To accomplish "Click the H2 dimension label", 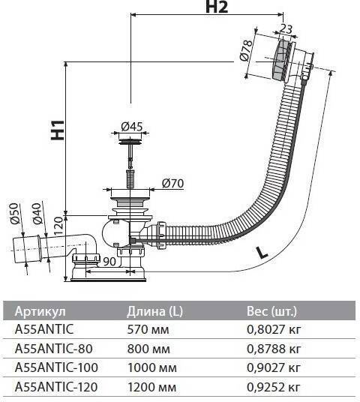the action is point(217,7).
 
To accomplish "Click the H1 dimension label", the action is point(58,130).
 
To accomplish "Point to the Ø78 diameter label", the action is point(246,50).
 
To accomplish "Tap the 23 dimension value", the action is point(286,28).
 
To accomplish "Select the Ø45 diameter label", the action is point(131,126).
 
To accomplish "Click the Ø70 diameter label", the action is point(172,183).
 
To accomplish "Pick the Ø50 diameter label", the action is point(14,213).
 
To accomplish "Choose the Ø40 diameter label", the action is point(37,213).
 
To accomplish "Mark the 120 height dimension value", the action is point(58,225).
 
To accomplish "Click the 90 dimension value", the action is point(109,261).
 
